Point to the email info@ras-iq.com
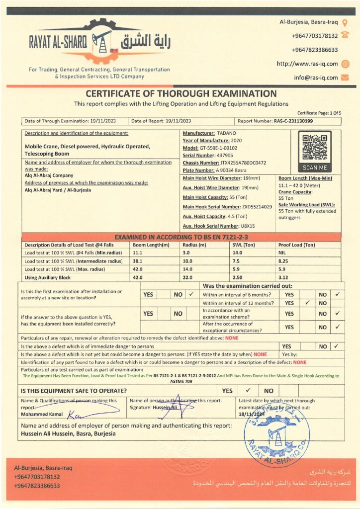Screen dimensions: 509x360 pyautogui.click(x=315, y=78)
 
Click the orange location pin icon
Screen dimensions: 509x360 pyautogui.click(x=345, y=22)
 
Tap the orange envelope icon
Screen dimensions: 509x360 pyautogui.click(x=345, y=78)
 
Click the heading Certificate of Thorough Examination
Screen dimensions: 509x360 pyautogui.click(x=181, y=93)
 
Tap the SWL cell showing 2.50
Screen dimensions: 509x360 pyautogui.click(x=238, y=277)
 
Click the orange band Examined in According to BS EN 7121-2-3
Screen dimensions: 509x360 pyautogui.click(x=181, y=237)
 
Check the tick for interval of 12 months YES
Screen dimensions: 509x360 pyautogui.click(x=307, y=303)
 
